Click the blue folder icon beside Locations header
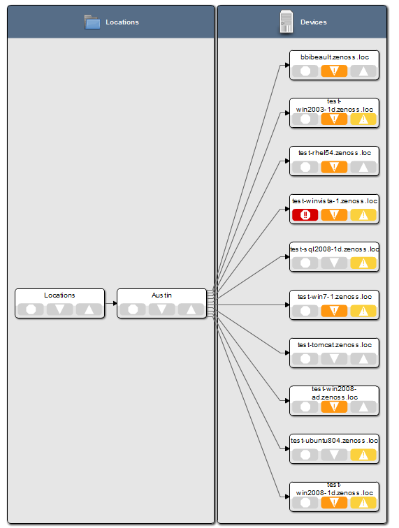(x=92, y=22)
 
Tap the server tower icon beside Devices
(x=286, y=22)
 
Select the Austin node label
(x=161, y=295)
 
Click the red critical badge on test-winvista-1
(x=305, y=215)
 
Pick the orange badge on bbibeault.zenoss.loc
(x=334, y=71)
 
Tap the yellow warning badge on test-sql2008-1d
(x=363, y=263)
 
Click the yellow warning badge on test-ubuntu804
(x=363, y=455)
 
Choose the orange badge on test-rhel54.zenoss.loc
(x=334, y=167)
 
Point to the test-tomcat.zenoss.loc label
(x=335, y=345)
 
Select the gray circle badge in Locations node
(x=31, y=309)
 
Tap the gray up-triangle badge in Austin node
(x=191, y=309)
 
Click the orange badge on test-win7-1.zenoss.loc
(x=334, y=311)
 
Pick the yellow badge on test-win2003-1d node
(x=363, y=119)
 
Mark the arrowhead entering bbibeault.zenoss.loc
(x=287, y=65)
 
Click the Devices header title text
(x=314, y=22)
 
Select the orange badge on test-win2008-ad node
(x=334, y=407)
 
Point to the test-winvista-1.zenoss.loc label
(x=335, y=201)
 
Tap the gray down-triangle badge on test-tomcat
(x=334, y=359)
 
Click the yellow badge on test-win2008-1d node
(x=363, y=503)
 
